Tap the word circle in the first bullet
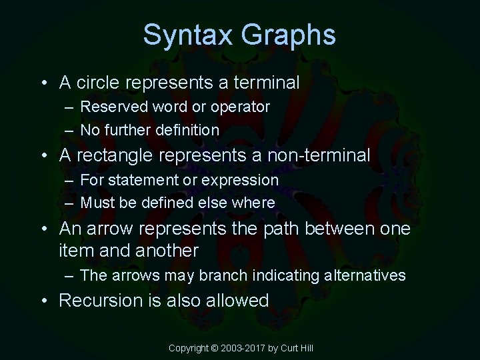pyautogui.click(x=99, y=83)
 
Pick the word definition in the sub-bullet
pyautogui.click(x=187, y=130)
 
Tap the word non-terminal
pyautogui.click(x=318, y=156)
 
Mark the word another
pyautogui.click(x=168, y=251)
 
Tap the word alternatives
pyautogui.click(x=364, y=275)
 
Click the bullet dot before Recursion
pyautogui.click(x=42, y=301)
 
